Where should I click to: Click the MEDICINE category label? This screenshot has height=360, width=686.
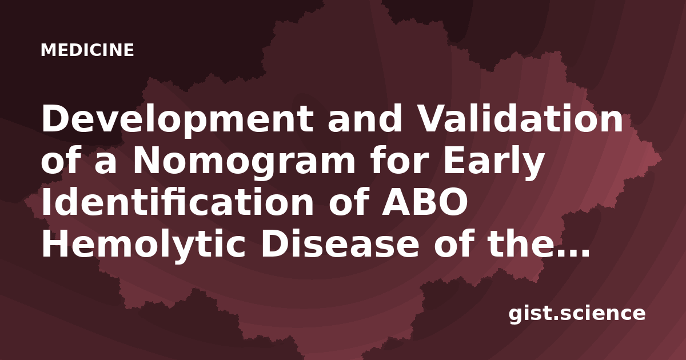87,50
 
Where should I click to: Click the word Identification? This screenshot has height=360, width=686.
178,202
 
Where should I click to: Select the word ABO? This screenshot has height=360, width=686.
425,203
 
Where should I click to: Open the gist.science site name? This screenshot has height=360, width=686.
577,314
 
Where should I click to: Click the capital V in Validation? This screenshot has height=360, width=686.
429,119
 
